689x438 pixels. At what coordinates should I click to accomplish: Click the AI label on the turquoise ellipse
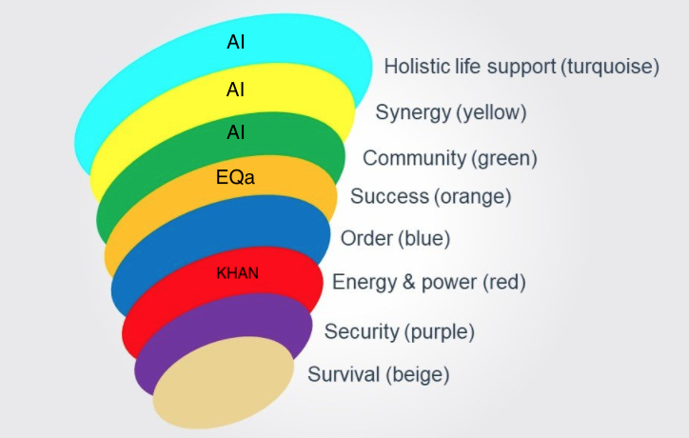pos(235,42)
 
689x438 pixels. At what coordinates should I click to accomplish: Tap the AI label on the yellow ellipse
pos(235,90)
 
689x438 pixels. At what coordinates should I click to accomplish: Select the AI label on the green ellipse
pos(235,132)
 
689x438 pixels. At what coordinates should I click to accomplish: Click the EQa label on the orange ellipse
pos(235,177)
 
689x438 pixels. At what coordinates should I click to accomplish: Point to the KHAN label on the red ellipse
pos(237,273)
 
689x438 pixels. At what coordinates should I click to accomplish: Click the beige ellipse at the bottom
pos(224,383)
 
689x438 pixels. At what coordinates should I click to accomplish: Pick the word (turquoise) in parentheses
pos(609,67)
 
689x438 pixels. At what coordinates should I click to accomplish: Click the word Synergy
pos(413,112)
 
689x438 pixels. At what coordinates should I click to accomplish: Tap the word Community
pos(414,158)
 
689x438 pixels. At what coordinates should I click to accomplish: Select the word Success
pos(389,196)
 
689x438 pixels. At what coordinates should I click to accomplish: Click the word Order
pos(366,238)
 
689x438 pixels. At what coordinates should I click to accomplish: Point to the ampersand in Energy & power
pos(408,282)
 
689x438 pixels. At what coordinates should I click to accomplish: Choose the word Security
pos(362,331)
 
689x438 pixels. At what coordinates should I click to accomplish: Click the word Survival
pos(344,374)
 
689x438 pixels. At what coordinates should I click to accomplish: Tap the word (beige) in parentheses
pos(418,375)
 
